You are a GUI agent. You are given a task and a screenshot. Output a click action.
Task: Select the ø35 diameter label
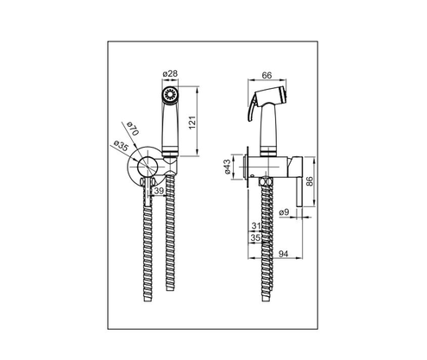point(121,148)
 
